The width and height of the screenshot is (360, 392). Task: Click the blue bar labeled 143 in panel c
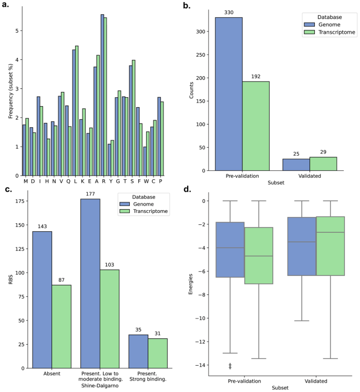[x=42, y=300]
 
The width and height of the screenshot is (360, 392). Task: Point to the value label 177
[x=90, y=194]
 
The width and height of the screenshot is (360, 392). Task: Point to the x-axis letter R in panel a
[x=102, y=181]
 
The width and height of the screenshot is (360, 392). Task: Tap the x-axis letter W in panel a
[x=146, y=181]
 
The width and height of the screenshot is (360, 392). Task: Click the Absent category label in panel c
[x=52, y=374]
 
